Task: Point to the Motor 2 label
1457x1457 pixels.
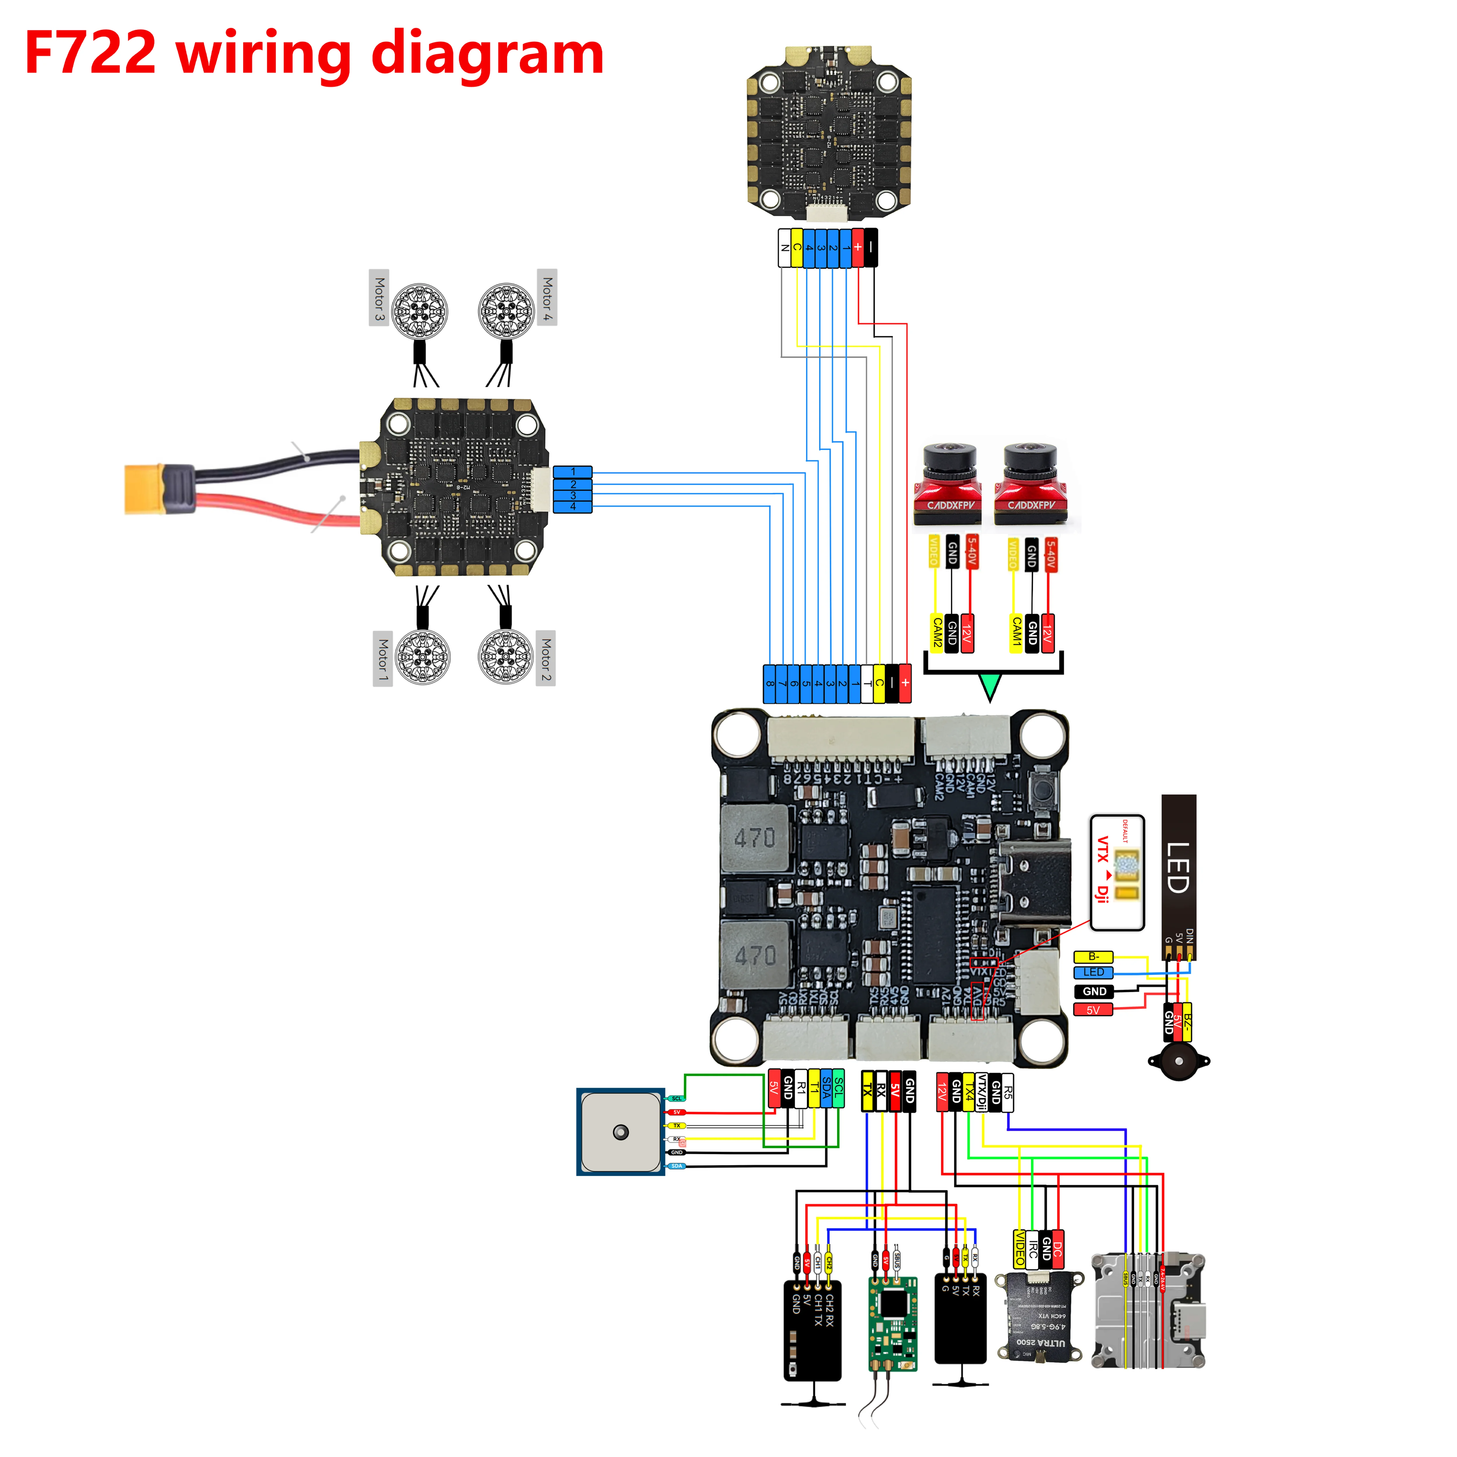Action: click(546, 658)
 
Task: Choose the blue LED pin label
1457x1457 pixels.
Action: click(1093, 973)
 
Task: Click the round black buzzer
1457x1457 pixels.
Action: click(1178, 1061)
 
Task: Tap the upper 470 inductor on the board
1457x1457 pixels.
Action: click(755, 837)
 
